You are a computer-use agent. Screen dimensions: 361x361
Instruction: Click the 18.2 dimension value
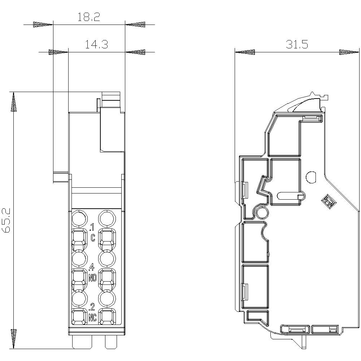(x=89, y=17)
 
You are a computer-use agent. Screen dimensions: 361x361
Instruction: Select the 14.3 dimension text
(x=96, y=44)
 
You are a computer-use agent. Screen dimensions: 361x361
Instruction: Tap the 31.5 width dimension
(x=297, y=44)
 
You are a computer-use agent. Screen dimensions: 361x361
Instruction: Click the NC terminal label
(x=92, y=318)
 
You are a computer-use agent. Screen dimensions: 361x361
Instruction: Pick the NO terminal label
(x=92, y=278)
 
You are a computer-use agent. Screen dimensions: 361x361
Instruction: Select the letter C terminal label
(x=93, y=238)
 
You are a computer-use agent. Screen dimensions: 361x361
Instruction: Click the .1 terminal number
(x=92, y=228)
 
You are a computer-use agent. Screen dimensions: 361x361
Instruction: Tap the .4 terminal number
(x=92, y=268)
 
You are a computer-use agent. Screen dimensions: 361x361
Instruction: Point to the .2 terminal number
(x=92, y=308)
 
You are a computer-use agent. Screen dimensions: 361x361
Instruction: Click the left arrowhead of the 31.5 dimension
(x=244, y=52)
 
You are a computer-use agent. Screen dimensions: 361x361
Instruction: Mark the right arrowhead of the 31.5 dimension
(x=349, y=52)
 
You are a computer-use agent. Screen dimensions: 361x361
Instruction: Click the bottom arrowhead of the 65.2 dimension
(x=14, y=339)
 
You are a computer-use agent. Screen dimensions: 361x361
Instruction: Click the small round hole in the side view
(x=311, y=177)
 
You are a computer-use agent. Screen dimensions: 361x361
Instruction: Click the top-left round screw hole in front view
(x=79, y=219)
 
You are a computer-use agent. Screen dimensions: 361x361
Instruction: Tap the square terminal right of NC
(x=107, y=317)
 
